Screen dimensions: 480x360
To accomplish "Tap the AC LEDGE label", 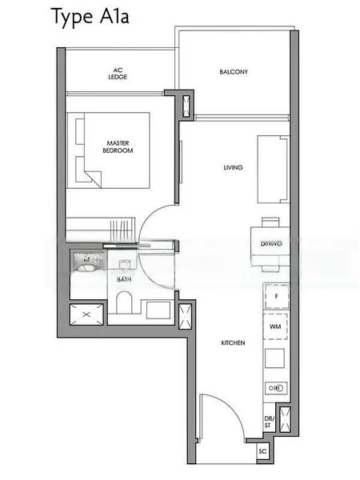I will coord(118,75).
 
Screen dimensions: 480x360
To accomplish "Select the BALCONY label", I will coord(234,72).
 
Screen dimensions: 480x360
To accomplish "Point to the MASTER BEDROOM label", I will coord(118,147).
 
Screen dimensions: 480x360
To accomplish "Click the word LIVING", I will coord(233,167).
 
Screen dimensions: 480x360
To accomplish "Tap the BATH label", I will coord(125,279).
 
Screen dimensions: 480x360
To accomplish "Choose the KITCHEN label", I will coord(233,343).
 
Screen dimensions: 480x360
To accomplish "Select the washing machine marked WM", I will coord(275,327).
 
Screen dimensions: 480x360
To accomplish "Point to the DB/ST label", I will coord(268,422).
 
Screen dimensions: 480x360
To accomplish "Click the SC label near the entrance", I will coord(262,452).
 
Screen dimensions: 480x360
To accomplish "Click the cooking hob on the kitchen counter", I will coord(275,388).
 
